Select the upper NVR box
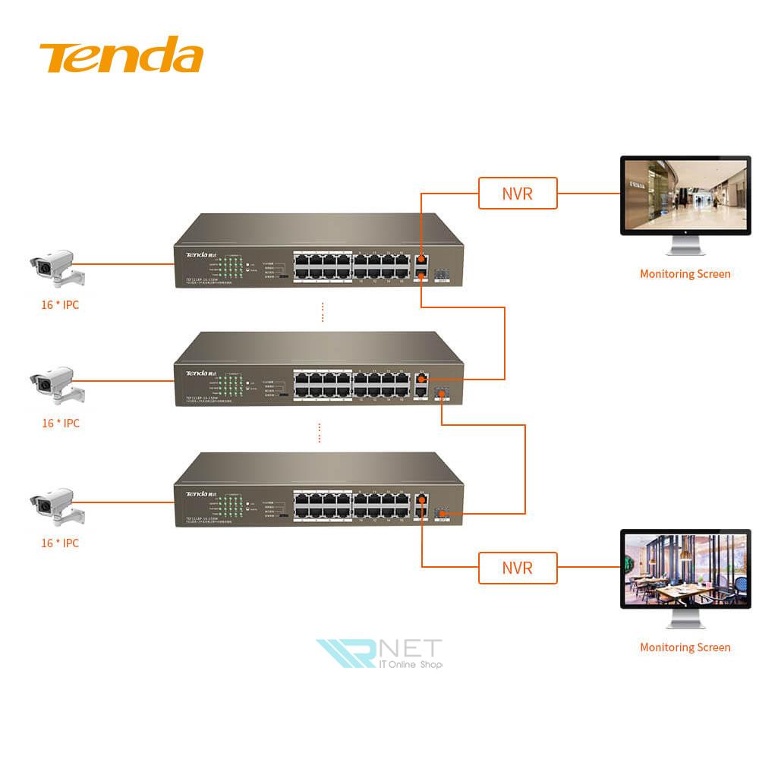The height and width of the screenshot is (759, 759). tap(518, 193)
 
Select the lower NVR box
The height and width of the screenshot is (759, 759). tap(518, 568)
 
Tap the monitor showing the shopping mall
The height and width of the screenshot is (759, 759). tap(685, 195)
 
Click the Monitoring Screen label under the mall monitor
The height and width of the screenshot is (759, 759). tap(685, 274)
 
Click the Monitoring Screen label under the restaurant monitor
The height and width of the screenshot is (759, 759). tap(685, 647)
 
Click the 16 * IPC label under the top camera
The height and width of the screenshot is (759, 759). tap(60, 305)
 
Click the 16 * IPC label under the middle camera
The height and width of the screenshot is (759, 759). tap(60, 424)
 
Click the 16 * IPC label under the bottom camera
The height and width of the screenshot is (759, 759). tap(60, 543)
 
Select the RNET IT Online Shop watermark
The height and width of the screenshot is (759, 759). tap(379, 653)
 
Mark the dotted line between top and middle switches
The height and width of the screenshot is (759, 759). tap(323, 312)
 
